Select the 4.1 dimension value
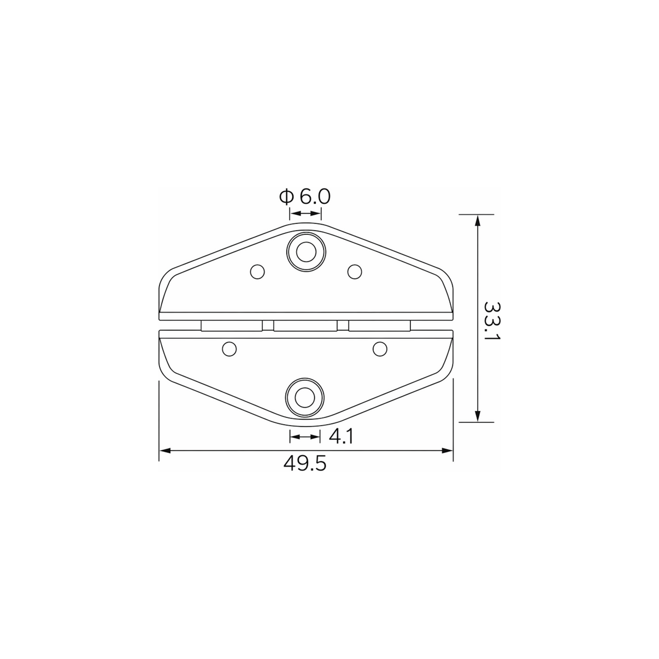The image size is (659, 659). [x=340, y=437]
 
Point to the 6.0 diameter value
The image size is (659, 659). [x=315, y=197]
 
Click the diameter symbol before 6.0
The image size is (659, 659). [x=286, y=197]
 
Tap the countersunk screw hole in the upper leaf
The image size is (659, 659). [x=306, y=252]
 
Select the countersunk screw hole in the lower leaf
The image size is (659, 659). [x=305, y=397]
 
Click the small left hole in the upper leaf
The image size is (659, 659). [x=257, y=272]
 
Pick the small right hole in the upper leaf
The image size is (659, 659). [x=355, y=272]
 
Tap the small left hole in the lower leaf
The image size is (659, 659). [x=229, y=349]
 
